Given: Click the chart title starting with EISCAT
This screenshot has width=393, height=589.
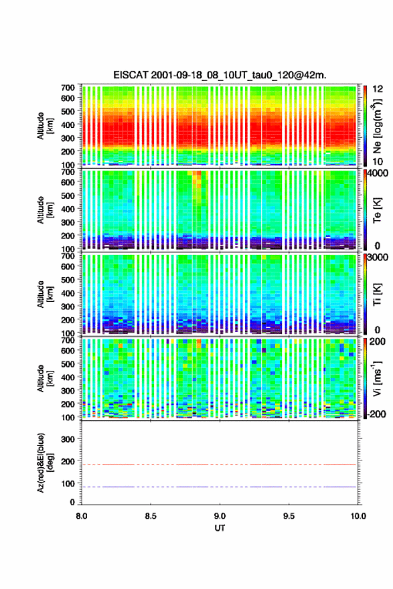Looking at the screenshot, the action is pos(220,75).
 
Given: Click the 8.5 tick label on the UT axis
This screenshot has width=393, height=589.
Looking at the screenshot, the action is pos(150,516).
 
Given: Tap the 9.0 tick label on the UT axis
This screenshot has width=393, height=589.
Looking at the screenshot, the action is pos(220,516).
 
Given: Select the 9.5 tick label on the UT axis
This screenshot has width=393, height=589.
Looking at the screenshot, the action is pos(289,516).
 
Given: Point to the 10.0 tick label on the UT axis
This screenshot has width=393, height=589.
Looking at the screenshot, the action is pos(358,516).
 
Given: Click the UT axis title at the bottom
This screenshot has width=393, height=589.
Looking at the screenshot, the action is pos(220,528).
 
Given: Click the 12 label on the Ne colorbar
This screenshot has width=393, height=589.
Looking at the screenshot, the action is pos(378,89).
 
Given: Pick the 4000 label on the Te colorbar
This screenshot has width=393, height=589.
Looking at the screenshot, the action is pos(378,173).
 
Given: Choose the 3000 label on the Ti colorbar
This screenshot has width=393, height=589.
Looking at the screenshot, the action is pos(378,257).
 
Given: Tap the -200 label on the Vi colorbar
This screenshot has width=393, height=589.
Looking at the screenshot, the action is pos(377,414).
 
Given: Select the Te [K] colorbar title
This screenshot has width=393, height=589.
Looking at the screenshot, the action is pos(377,210).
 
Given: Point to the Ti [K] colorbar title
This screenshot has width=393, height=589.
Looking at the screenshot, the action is pos(377,294).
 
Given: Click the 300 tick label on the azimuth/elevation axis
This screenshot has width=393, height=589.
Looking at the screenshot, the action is pos(68,439).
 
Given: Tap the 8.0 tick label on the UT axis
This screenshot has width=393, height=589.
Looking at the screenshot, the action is pos(81,516).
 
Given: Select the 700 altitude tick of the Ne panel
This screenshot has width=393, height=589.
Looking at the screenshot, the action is pos(68,88).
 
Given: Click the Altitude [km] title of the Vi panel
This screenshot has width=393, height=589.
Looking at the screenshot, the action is pos(44,378).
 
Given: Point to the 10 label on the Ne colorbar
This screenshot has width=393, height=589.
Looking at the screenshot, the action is pos(378,161).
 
